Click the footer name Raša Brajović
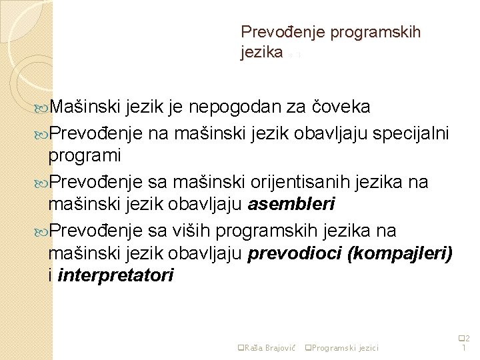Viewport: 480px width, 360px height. pos(266,347)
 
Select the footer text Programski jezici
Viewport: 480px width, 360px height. pos(344,347)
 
